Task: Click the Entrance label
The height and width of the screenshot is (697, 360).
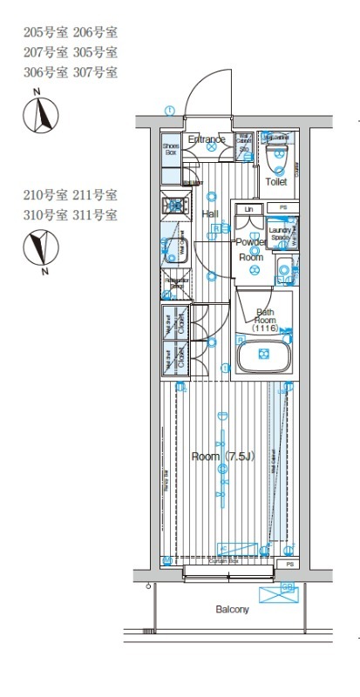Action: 207,139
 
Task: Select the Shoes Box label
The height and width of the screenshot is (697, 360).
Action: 171,149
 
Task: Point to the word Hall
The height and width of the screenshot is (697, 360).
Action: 210,213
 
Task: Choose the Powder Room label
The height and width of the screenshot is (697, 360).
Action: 251,249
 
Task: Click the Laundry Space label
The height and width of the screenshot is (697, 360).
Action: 282,233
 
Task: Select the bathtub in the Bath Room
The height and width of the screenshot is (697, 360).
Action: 265,355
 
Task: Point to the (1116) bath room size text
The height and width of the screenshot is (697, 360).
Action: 264,328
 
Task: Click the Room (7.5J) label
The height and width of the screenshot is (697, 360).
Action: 223,457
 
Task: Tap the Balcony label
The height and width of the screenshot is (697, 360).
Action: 233,610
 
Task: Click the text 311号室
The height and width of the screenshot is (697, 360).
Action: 98,214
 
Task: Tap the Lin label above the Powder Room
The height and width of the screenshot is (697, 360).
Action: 249,209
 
